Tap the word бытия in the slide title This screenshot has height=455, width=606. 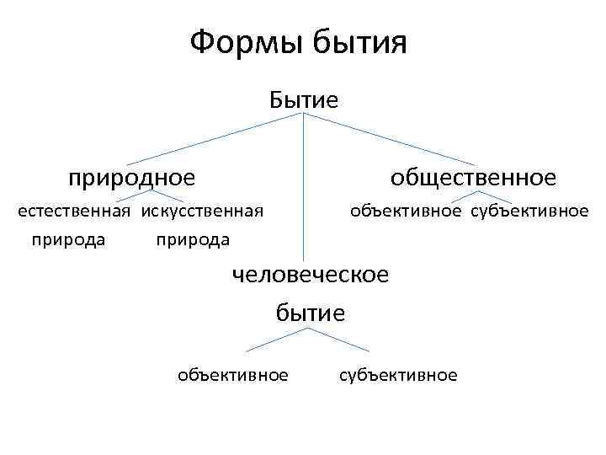pyautogui.click(x=359, y=42)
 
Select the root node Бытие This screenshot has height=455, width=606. pyautogui.click(x=304, y=101)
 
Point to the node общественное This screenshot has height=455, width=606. pyautogui.click(x=472, y=178)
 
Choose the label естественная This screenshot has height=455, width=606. pyautogui.click(x=75, y=211)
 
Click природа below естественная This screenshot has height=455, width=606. pyautogui.click(x=68, y=239)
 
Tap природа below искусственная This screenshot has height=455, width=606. pyautogui.click(x=193, y=239)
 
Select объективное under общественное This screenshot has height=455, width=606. pyautogui.click(x=406, y=211)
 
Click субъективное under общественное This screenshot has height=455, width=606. pyautogui.click(x=529, y=211)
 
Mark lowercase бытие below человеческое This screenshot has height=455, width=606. pyautogui.click(x=311, y=313)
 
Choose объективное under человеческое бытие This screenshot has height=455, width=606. pyautogui.click(x=233, y=375)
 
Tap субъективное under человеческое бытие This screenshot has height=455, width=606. pyautogui.click(x=398, y=375)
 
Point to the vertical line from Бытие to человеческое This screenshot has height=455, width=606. pyautogui.click(x=303, y=185)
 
